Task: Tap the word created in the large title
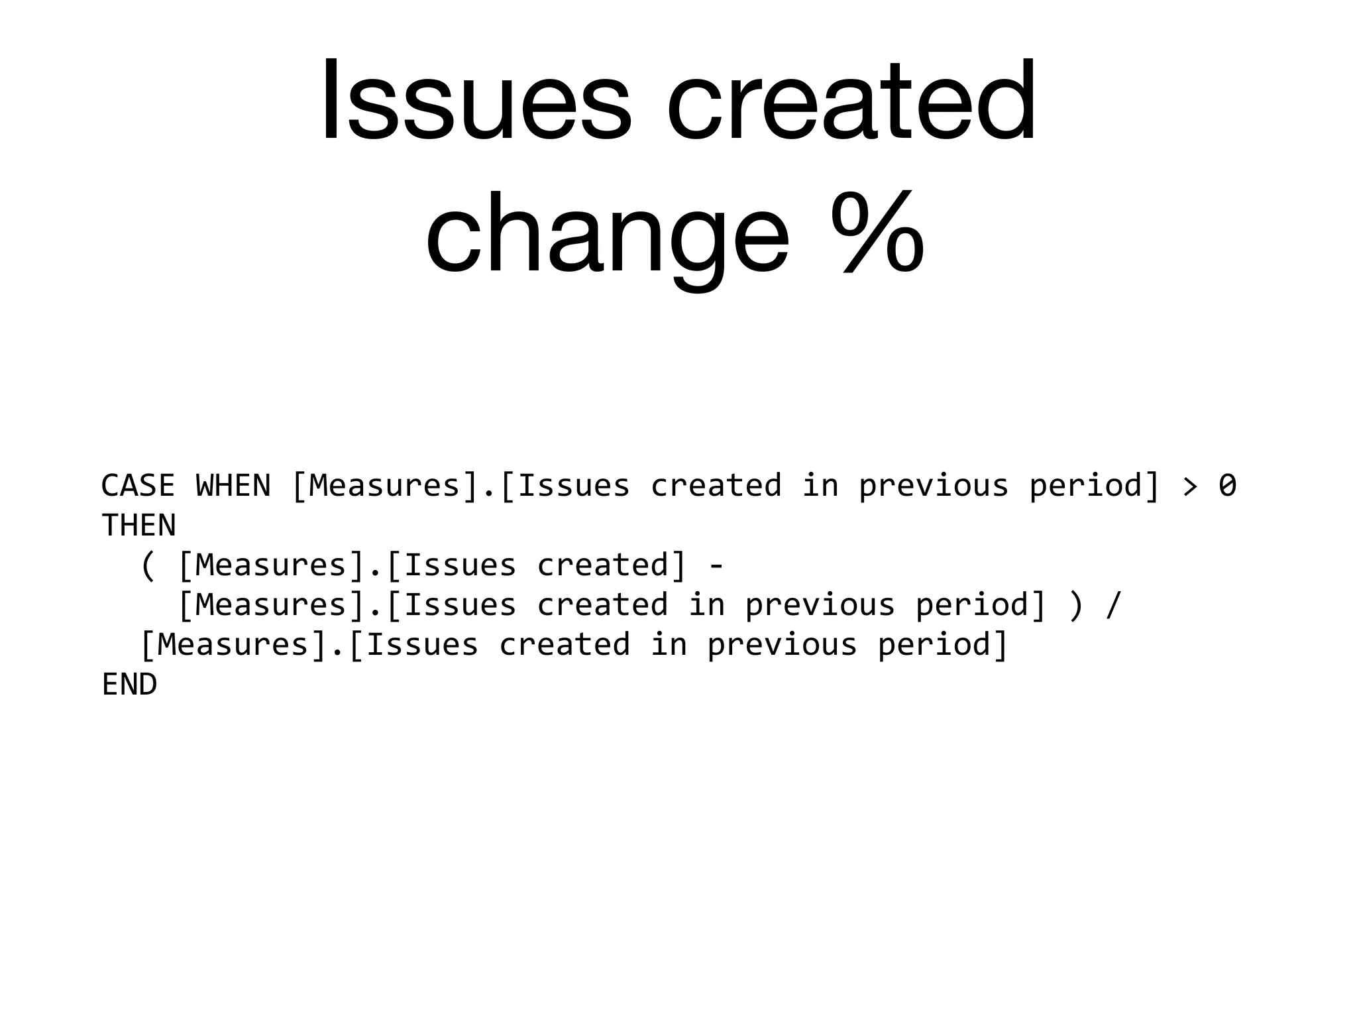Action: coord(851,101)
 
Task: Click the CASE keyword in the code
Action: coord(138,486)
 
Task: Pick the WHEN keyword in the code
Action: coord(233,486)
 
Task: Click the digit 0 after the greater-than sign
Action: coord(1228,486)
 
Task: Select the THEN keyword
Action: coord(138,526)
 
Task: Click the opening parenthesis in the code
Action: coord(148,566)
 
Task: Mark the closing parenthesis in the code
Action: coord(1076,606)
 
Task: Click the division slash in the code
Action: coord(1114,606)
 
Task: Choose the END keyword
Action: coord(129,685)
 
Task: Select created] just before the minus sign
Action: coord(612,565)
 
